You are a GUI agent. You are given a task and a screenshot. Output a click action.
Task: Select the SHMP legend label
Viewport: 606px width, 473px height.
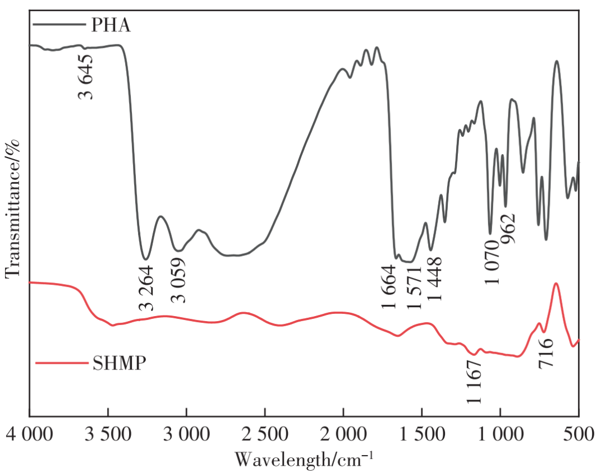(x=117, y=363)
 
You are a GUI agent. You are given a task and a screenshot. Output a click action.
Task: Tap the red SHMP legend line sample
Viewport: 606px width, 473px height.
(x=60, y=363)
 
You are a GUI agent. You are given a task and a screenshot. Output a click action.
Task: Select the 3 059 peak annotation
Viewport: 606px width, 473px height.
(x=178, y=280)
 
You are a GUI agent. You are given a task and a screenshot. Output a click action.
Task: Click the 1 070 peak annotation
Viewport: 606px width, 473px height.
(x=492, y=261)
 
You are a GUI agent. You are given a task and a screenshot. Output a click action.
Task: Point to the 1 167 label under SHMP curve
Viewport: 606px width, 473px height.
(x=474, y=381)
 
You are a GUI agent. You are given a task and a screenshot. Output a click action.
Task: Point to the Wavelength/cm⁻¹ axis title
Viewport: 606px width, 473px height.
(x=304, y=459)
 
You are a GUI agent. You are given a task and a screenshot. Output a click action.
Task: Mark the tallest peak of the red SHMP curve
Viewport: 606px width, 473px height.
(x=556, y=284)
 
